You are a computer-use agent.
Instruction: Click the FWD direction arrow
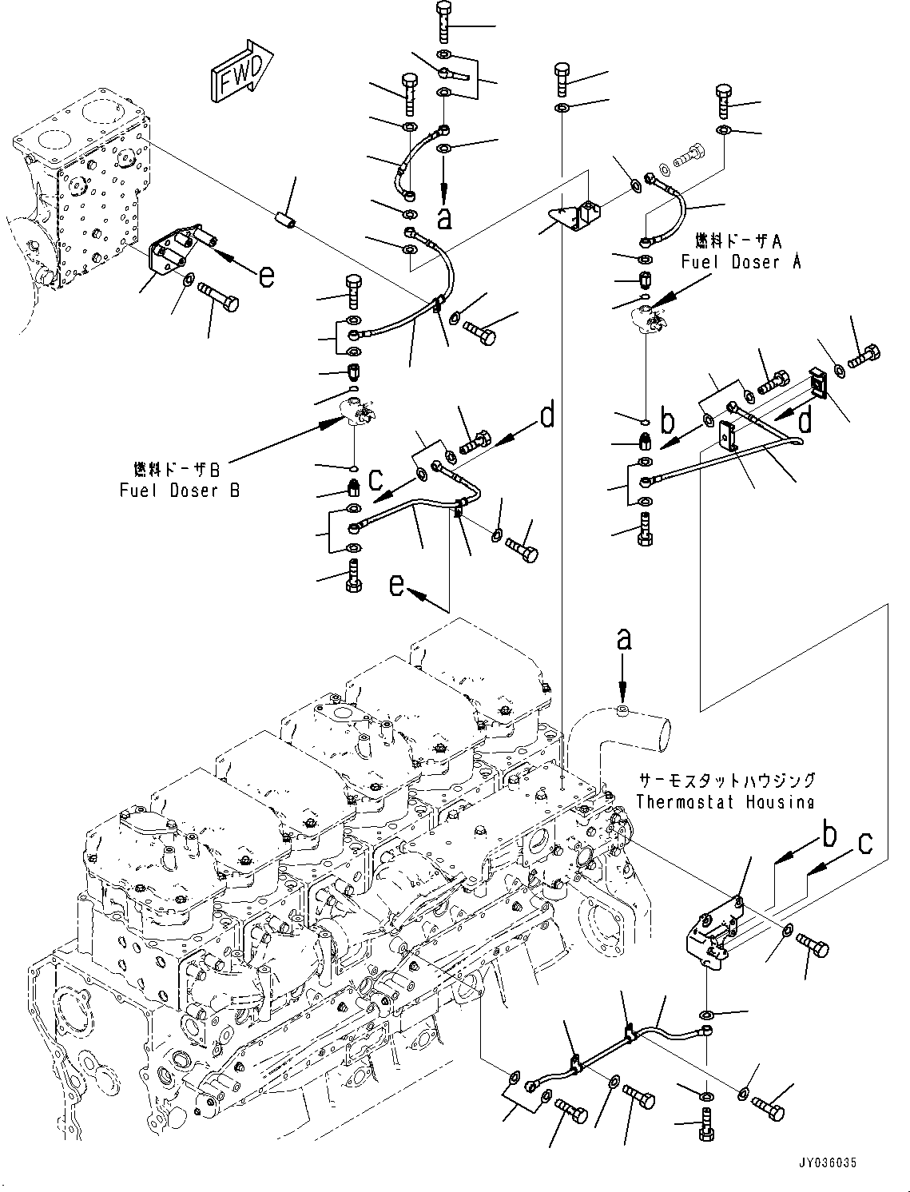[241, 71]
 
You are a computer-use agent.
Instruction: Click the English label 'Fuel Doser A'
[741, 262]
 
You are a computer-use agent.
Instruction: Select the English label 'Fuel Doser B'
[180, 491]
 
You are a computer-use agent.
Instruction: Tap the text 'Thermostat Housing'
[725, 801]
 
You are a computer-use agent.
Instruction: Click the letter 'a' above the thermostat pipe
[624, 640]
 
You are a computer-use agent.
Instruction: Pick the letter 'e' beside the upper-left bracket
[266, 276]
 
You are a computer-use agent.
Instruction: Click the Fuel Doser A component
[649, 318]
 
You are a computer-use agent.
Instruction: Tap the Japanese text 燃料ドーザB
[177, 469]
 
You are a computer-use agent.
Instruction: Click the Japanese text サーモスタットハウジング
[727, 781]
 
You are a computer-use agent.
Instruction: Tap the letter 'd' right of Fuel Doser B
[547, 414]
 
